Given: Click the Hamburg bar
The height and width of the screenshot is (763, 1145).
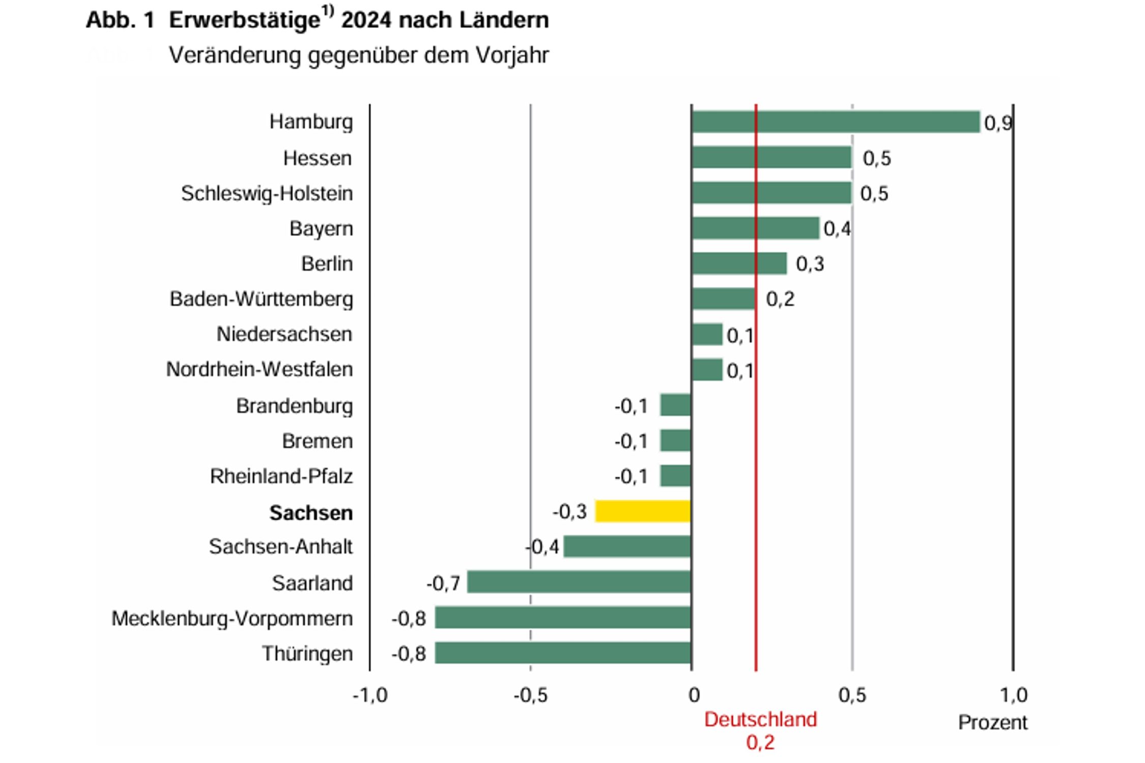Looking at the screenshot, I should (836, 122).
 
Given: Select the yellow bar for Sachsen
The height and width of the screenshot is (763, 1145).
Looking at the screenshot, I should (643, 511).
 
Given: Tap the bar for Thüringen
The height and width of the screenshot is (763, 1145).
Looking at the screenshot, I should (563, 653).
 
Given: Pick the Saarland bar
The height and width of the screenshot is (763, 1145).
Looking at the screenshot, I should (579, 582).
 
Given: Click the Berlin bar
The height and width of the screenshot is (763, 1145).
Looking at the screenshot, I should (739, 263).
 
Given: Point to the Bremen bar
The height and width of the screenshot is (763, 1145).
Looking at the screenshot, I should (675, 441).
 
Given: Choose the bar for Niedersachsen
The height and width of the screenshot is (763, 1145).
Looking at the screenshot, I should (707, 334).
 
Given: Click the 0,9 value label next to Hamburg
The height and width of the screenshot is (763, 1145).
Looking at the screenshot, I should (998, 123).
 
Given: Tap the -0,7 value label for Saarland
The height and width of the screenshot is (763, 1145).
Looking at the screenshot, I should (443, 583).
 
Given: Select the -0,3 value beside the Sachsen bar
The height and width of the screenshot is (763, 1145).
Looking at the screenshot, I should (570, 511).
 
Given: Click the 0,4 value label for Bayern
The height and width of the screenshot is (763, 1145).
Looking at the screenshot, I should (837, 229).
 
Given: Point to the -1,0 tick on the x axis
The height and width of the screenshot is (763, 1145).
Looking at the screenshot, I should (370, 695).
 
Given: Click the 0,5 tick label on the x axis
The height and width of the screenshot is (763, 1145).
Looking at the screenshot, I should (852, 695).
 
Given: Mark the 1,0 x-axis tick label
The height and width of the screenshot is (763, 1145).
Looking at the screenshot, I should (1014, 695).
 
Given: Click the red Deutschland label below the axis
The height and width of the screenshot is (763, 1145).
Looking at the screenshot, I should (760, 720).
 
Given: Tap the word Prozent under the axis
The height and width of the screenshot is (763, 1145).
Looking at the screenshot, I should (992, 722).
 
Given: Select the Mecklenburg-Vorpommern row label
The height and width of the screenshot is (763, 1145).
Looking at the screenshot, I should (232, 619).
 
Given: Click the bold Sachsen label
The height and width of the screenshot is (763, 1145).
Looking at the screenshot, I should (311, 513).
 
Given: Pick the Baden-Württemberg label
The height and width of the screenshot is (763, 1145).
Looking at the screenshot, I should (261, 299).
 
